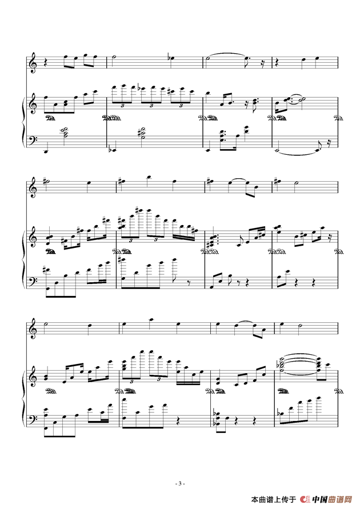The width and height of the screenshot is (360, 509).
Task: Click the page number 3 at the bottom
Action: [x=180, y=483]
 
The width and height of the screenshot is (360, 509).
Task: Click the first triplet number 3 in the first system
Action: [x=123, y=106]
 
